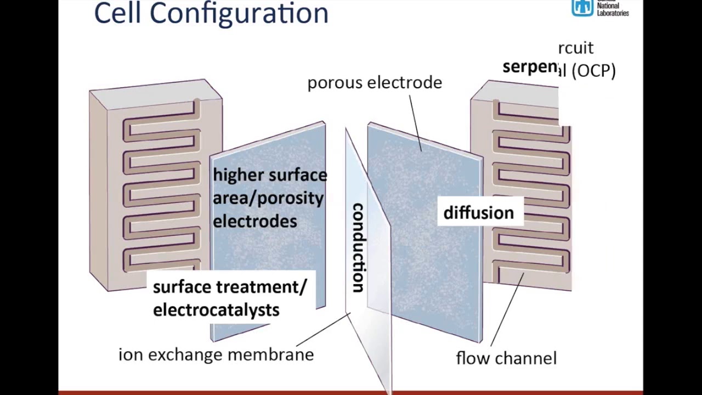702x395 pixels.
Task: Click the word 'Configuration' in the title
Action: (x=239, y=13)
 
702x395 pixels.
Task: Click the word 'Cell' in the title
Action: (x=118, y=13)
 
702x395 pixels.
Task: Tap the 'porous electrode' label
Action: (x=375, y=82)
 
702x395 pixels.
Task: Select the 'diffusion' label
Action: (x=479, y=213)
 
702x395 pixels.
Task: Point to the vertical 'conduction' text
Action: (x=358, y=247)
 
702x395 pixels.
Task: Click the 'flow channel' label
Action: (x=506, y=358)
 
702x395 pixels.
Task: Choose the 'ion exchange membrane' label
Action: (x=216, y=354)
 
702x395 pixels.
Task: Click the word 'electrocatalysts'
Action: (x=216, y=310)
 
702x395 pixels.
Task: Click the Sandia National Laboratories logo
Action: (x=583, y=8)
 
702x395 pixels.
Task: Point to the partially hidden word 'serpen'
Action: (x=530, y=67)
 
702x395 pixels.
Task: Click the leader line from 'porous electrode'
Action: (x=415, y=122)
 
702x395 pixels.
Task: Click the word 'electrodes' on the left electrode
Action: (x=255, y=221)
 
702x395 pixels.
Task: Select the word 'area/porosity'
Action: (x=268, y=198)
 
